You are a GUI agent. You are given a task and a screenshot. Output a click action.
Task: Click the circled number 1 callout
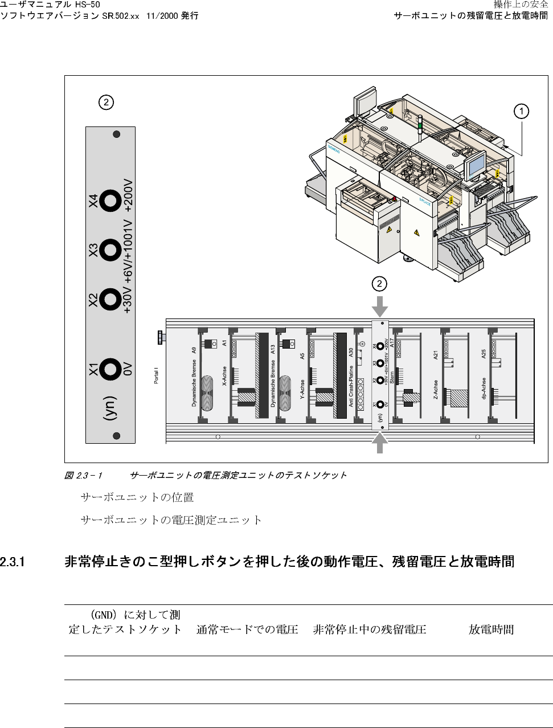pyautogui.click(x=520, y=111)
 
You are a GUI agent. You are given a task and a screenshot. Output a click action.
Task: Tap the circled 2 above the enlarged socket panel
pyautogui.click(x=105, y=103)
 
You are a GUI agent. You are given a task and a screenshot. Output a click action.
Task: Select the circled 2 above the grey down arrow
pyautogui.click(x=379, y=284)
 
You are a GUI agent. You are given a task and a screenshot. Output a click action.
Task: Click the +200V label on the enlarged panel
pyautogui.click(x=128, y=197)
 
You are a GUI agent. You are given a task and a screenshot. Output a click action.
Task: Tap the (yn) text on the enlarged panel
pyautogui.click(x=109, y=408)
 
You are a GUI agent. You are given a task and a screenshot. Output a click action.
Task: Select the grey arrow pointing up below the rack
pyautogui.click(x=380, y=443)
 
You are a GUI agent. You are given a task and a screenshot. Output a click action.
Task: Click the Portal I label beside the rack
pyautogui.click(x=157, y=376)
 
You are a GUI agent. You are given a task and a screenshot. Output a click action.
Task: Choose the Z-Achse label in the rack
pyautogui.click(x=436, y=389)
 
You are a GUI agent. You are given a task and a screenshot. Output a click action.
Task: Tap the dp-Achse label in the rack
pyautogui.click(x=484, y=388)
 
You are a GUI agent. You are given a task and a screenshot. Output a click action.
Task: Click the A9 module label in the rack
pyautogui.click(x=194, y=350)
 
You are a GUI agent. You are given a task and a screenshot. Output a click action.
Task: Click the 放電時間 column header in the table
pyautogui.click(x=491, y=629)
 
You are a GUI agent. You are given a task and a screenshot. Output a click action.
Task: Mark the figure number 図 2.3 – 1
pyautogui.click(x=83, y=475)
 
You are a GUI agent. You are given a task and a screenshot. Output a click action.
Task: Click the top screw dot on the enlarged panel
pyautogui.click(x=117, y=134)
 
